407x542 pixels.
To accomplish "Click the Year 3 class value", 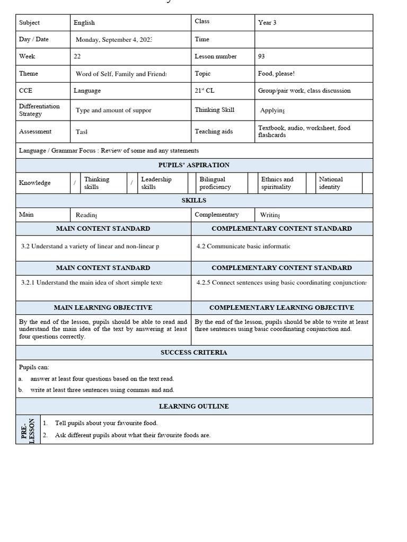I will coord(267,23).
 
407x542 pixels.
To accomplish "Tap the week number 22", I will coord(77,56).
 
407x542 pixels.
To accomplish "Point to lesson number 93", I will coord(261,56).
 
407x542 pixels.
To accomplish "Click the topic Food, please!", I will coord(276,74).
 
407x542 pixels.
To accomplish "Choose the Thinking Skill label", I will coord(214,110).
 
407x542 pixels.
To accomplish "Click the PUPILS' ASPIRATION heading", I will coord(194,165).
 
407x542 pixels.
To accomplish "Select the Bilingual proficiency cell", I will coord(213,183).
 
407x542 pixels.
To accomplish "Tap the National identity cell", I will coord(331,183).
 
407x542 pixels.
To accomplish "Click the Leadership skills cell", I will coord(156,183).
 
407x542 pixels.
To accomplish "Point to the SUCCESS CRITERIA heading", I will coord(194,353).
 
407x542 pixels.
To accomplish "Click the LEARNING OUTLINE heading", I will coord(194,406).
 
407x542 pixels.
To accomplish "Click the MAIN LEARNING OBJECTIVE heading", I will coord(103,308).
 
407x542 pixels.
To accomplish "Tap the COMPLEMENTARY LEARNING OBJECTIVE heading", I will coord(281,308).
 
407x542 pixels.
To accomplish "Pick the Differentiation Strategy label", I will coord(39,110).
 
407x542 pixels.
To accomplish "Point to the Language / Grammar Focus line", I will coord(109,151).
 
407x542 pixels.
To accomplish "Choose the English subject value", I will coord(84,23).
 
